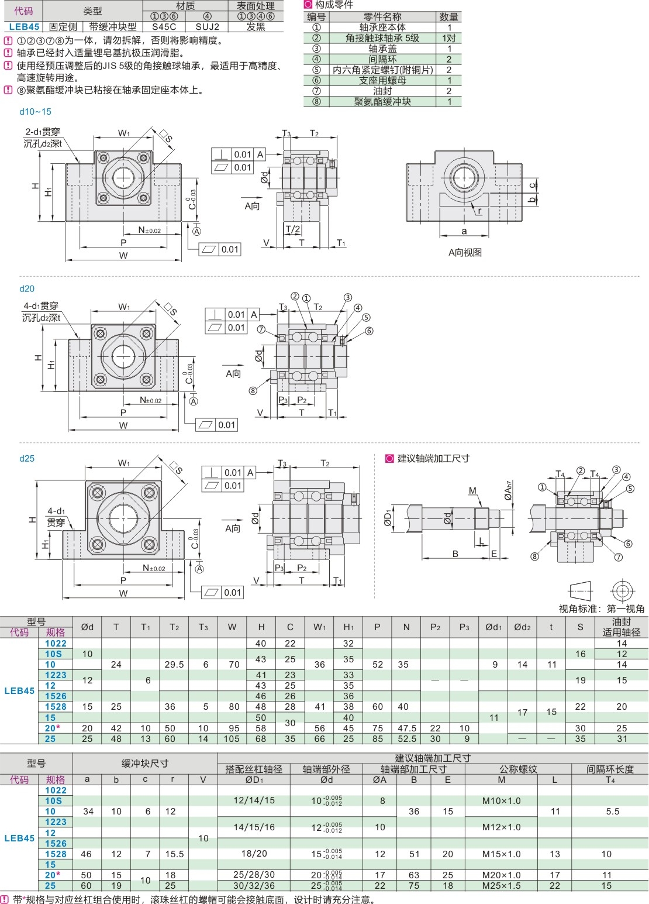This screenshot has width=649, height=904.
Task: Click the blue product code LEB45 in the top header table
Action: (24, 27)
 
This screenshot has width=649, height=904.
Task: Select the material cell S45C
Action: (164, 27)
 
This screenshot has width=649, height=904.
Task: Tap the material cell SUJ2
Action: (207, 27)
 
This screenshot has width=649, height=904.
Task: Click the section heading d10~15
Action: (35, 111)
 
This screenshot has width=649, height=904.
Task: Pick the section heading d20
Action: (27, 288)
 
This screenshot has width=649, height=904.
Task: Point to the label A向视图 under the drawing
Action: (465, 252)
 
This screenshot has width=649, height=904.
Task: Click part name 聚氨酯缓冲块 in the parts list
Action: (382, 102)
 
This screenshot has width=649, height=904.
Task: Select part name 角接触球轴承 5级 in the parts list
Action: (382, 38)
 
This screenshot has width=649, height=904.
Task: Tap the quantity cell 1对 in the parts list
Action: (448, 38)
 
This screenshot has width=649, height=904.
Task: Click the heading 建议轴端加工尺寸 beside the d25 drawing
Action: (433, 459)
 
